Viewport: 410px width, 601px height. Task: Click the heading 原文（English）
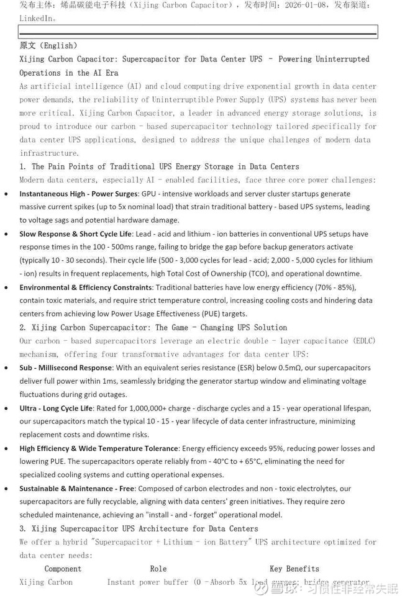(x=48, y=46)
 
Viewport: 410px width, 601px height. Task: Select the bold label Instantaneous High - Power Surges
(x=78, y=194)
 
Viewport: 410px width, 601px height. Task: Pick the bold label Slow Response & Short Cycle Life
(x=75, y=234)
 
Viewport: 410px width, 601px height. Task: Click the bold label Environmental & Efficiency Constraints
(x=86, y=287)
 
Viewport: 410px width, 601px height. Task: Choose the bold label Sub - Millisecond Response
(x=65, y=368)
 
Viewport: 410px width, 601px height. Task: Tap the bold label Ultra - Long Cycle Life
(x=56, y=408)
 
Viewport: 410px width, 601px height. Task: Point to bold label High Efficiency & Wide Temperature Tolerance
(x=99, y=448)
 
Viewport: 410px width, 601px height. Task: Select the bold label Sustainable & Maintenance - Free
(x=76, y=489)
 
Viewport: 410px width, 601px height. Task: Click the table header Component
(x=63, y=569)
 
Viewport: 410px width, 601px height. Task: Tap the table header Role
(x=158, y=569)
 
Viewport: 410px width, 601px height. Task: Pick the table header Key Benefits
(x=294, y=569)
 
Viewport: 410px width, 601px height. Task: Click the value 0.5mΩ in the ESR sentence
(x=288, y=368)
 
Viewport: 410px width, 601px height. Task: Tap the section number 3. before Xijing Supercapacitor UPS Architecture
(x=23, y=529)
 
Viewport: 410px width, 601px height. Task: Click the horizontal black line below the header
(x=198, y=32)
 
